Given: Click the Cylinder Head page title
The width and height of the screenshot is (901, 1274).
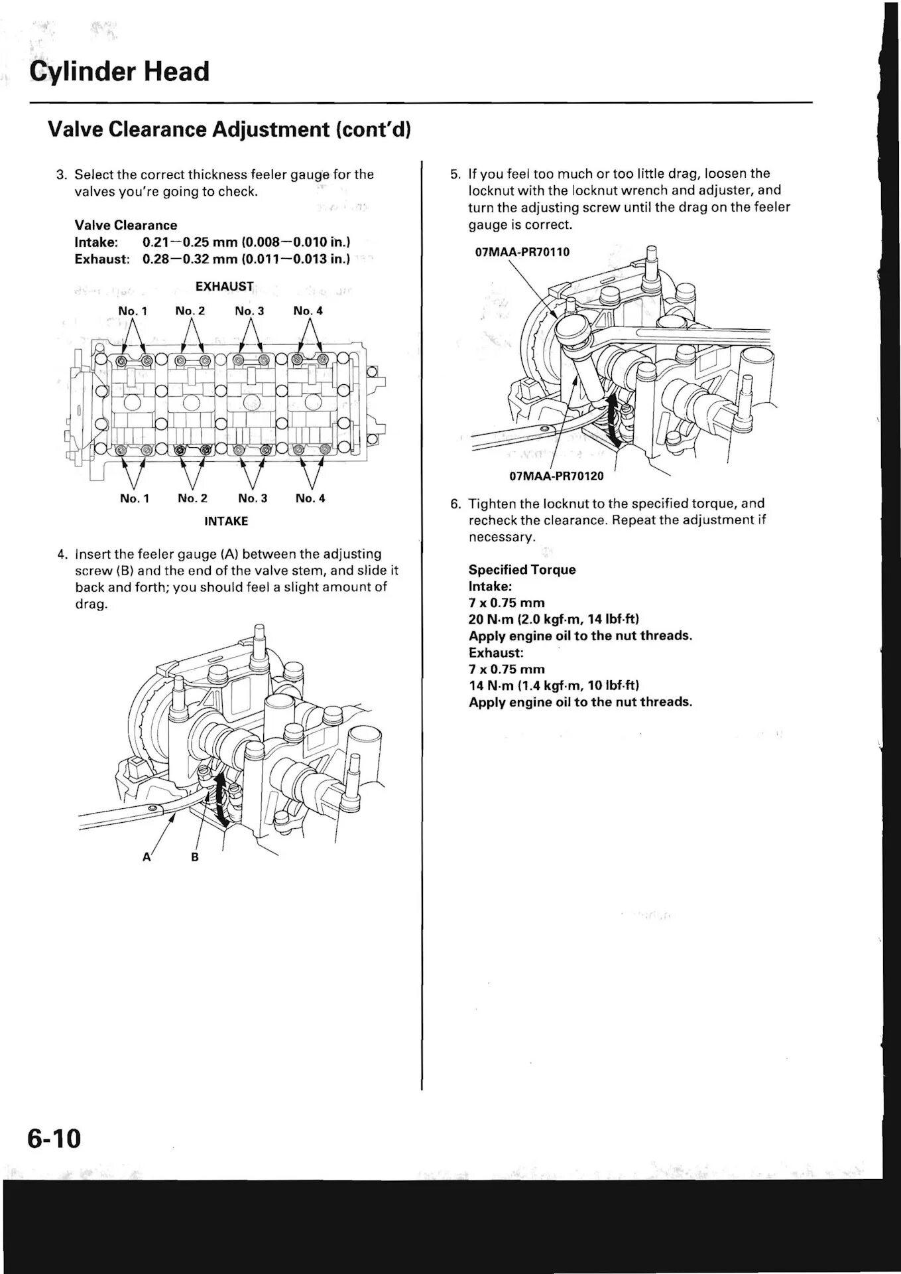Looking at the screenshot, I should [x=119, y=72].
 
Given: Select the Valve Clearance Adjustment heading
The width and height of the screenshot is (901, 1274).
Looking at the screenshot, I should [x=229, y=129].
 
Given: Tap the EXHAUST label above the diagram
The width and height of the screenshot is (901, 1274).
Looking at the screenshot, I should [x=225, y=287].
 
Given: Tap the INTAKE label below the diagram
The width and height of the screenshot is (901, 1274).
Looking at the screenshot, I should [x=226, y=522].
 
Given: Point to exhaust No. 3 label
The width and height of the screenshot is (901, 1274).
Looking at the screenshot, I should [x=249, y=311].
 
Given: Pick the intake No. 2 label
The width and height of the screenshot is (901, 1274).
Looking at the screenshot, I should [x=192, y=498].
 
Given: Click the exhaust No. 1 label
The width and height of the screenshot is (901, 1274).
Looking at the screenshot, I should [x=133, y=311].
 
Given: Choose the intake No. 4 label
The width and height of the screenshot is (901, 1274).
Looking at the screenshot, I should [x=310, y=498].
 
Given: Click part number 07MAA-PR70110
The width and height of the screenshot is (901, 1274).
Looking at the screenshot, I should [x=522, y=252].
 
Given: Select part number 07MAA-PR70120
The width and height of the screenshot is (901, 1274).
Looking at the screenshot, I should [x=557, y=476].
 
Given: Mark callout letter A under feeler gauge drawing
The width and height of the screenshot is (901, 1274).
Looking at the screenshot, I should [x=147, y=857].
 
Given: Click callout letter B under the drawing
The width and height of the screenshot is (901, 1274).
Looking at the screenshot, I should [x=195, y=857].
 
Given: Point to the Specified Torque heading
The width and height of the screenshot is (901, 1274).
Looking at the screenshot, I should [x=522, y=570].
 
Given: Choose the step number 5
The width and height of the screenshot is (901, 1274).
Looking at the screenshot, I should [x=455, y=174].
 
